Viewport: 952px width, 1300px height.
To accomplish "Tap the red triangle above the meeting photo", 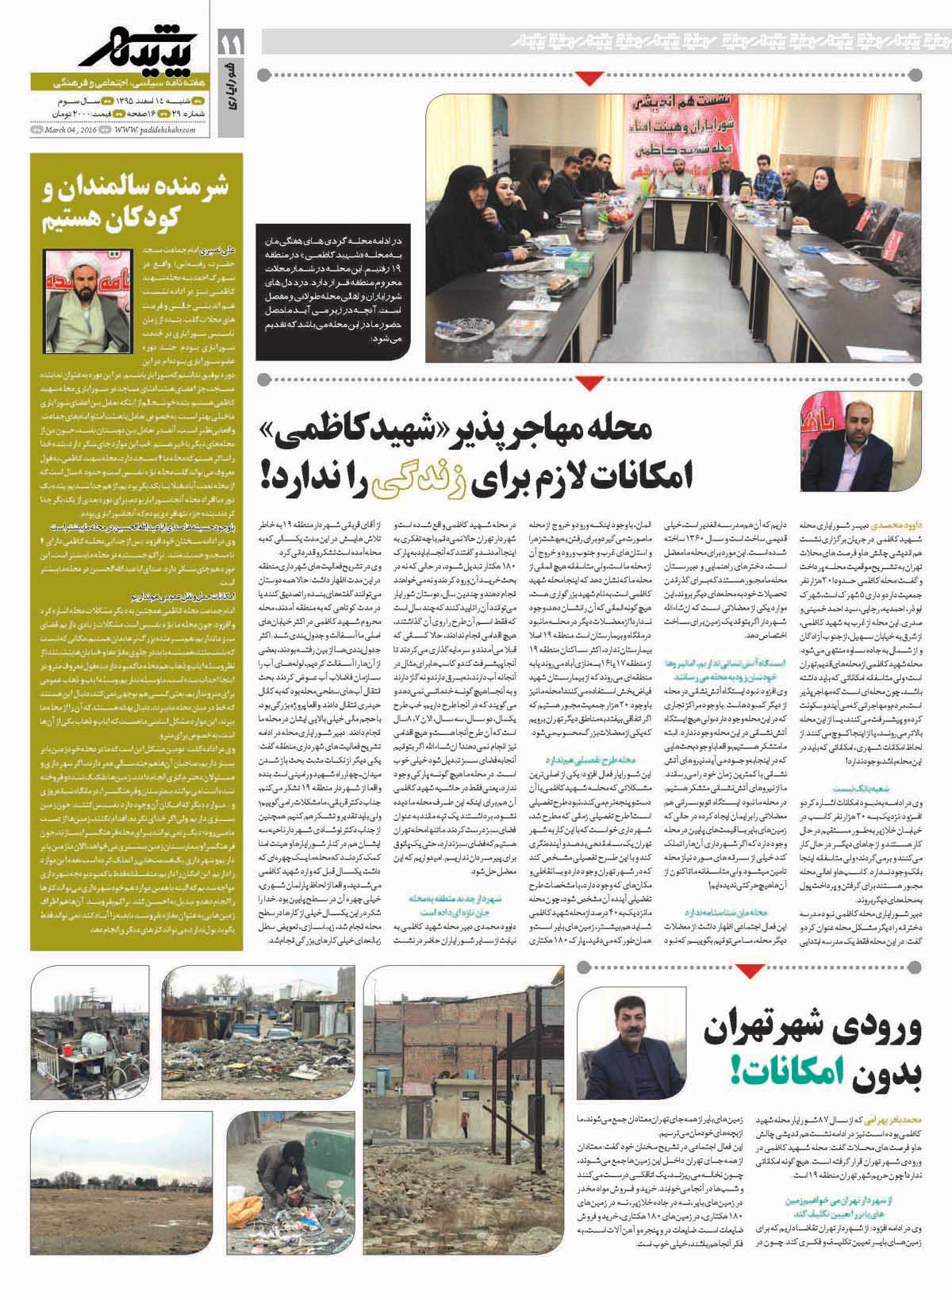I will point(587,78).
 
